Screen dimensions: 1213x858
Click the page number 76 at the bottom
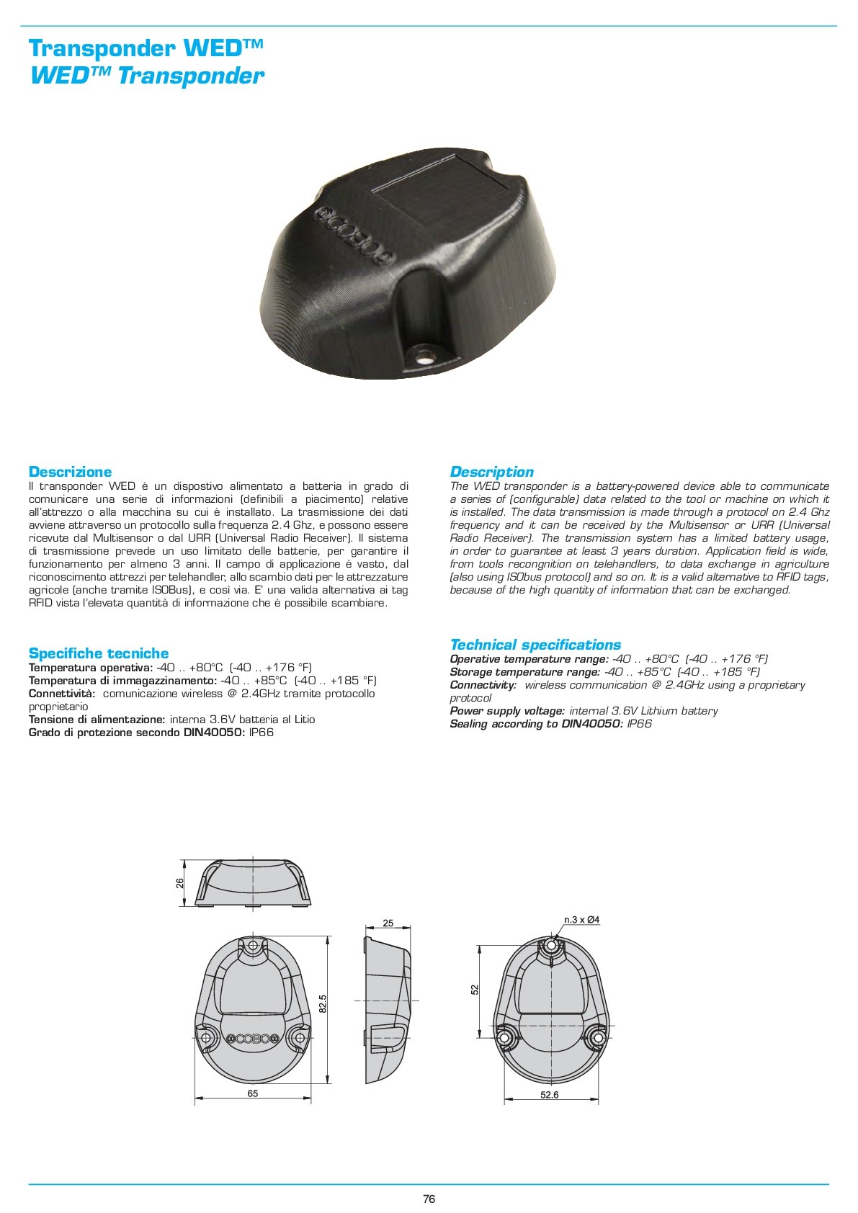pos(429,1199)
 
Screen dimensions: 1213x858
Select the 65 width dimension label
pos(253,1093)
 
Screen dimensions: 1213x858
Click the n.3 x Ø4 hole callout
pos(581,919)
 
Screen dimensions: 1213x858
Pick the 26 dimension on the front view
pos(180,882)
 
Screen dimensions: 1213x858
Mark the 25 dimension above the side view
pos(388,923)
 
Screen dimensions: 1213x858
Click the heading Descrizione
pos(70,472)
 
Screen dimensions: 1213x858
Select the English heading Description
pos(491,472)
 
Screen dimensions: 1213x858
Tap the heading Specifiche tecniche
pos(98,653)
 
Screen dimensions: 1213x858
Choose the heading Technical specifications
pos(535,645)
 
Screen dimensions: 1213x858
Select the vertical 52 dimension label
pos(475,990)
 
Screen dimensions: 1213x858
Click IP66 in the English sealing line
pos(639,724)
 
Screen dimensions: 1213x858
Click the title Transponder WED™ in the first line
pos(146,49)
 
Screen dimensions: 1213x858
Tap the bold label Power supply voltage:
pos(507,711)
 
